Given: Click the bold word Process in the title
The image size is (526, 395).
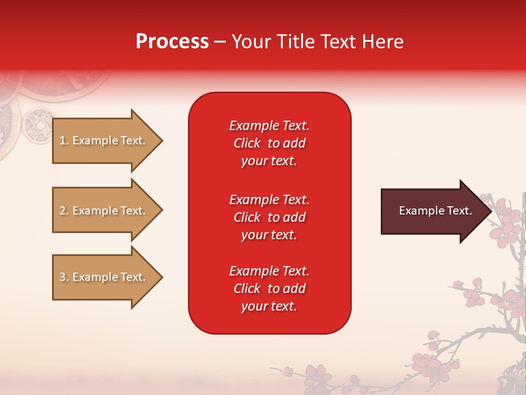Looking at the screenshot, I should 172,41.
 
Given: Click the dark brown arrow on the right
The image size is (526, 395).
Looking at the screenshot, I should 433,211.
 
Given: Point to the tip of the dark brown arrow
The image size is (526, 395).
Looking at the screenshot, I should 490,211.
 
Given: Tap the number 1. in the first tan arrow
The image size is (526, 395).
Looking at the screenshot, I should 64,140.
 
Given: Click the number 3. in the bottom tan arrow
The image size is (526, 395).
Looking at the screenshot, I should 64,277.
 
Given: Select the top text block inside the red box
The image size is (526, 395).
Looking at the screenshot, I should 269,143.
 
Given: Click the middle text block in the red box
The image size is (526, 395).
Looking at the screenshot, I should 269,217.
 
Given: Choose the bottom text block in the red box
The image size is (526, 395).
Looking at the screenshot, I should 269,289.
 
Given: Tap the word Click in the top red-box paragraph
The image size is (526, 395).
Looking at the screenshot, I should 247,143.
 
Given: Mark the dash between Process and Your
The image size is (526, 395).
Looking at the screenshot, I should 220,41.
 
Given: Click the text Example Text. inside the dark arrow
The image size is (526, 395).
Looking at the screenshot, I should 435,211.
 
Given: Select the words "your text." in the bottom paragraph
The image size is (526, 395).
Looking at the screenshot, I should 269,306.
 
